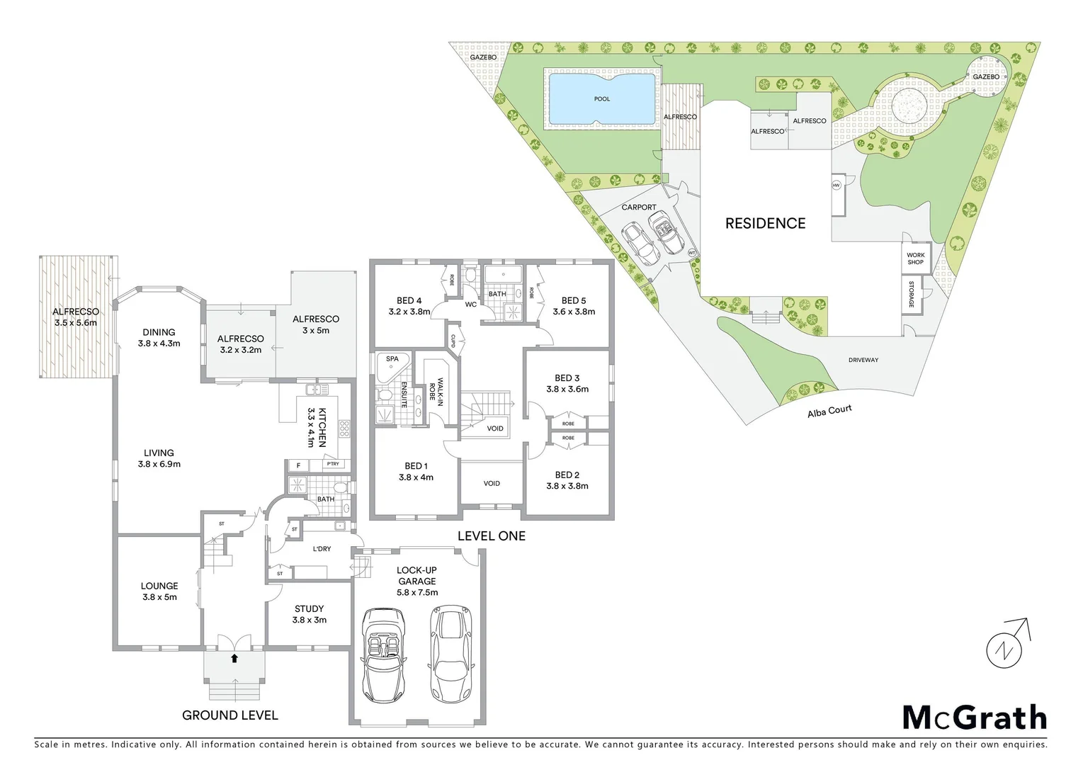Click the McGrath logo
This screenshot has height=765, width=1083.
click(x=974, y=718)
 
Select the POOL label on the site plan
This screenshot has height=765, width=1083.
click(x=601, y=99)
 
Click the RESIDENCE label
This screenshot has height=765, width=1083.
click(x=765, y=224)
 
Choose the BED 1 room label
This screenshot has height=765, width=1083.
click(x=416, y=471)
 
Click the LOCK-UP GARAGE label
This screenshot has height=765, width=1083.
click(x=416, y=581)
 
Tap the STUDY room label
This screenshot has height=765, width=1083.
click(x=309, y=614)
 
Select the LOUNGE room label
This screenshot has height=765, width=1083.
click(x=159, y=591)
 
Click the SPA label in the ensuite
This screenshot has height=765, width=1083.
click(x=392, y=359)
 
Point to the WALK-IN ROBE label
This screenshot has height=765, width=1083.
click(x=436, y=389)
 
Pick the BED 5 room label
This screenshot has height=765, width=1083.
click(x=574, y=306)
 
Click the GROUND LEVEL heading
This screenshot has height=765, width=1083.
click(x=230, y=715)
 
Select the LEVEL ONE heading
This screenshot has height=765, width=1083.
click(x=492, y=536)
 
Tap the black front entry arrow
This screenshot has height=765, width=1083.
click(x=234, y=659)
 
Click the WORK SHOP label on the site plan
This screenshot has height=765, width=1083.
click(x=915, y=259)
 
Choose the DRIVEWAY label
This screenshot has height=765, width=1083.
click(x=863, y=360)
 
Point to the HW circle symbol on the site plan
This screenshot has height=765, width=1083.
click(x=837, y=186)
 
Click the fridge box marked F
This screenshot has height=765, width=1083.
click(x=298, y=465)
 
